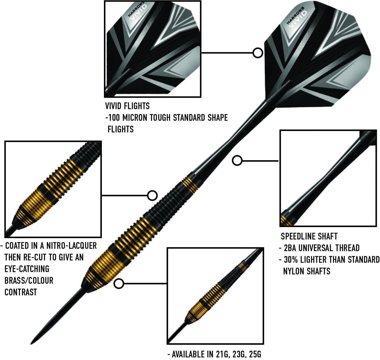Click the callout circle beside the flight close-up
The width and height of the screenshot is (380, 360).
pyautogui.click(x=258, y=53)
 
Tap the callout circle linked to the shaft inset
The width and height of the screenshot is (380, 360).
pyautogui.click(x=237, y=161)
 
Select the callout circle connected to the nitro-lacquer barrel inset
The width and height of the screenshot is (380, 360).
pyautogui.click(x=152, y=195)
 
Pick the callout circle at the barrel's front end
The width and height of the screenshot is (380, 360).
pyautogui.click(x=119, y=284)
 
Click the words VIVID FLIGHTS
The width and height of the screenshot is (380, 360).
pyautogui.click(x=127, y=106)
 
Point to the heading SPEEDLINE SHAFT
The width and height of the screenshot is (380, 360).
pyautogui.click(x=309, y=236)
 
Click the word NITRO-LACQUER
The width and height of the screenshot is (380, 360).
pyautogui.click(x=72, y=245)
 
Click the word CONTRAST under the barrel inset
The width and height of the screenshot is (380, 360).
pyautogui.click(x=21, y=292)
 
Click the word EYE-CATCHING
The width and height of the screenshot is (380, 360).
pyautogui.click(x=27, y=269)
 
